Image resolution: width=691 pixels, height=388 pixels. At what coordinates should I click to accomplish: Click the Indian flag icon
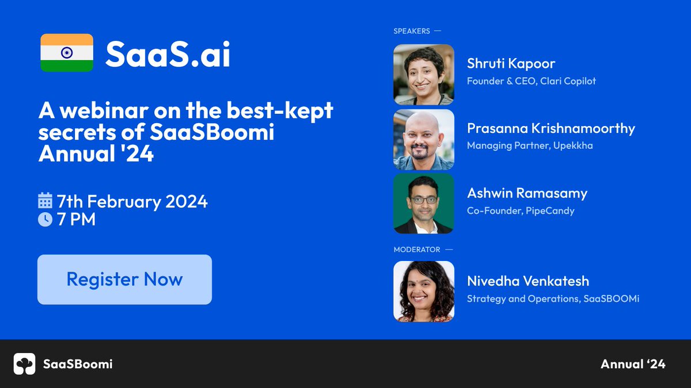click(67, 53)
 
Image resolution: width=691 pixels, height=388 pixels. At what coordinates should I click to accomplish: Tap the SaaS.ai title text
click(168, 55)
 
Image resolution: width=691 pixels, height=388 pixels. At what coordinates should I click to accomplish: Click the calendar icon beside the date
click(45, 201)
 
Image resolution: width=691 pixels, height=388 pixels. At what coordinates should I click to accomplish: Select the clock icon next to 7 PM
click(45, 219)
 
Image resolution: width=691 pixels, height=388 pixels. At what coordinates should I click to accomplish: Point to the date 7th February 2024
click(132, 202)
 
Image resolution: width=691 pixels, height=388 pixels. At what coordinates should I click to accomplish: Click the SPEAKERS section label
click(412, 31)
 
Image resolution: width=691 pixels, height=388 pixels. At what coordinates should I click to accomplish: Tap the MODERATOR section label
click(417, 249)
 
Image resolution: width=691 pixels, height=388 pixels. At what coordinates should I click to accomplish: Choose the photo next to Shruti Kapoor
click(424, 75)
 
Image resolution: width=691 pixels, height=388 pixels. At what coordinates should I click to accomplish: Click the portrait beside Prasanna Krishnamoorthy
click(424, 140)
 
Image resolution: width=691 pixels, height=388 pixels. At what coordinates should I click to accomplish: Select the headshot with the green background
click(424, 204)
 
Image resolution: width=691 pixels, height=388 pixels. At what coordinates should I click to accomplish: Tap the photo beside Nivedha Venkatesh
click(424, 291)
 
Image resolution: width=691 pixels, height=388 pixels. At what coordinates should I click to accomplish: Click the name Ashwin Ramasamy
click(527, 193)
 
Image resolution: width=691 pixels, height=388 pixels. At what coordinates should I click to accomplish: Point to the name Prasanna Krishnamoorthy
click(551, 128)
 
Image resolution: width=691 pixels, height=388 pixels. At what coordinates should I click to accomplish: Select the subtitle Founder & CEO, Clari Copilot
click(531, 81)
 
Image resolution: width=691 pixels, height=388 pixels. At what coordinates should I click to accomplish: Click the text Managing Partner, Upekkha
click(530, 145)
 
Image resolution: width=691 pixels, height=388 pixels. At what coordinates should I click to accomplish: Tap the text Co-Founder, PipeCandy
click(521, 210)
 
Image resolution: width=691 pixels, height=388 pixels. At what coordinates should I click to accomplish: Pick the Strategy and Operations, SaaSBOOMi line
click(553, 298)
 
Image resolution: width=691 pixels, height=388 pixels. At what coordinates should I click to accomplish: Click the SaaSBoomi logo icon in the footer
click(25, 364)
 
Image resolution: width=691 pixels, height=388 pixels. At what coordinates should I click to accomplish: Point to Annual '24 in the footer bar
click(633, 364)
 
